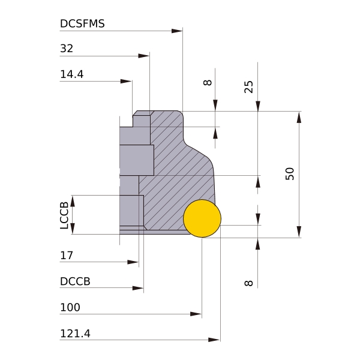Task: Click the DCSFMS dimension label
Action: (82, 23)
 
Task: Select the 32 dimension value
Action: (67, 49)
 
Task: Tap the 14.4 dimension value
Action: (71, 74)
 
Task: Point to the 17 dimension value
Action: (67, 256)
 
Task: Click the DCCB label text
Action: (75, 281)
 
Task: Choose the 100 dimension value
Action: (70, 307)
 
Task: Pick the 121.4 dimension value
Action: (75, 334)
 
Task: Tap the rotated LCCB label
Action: (64, 215)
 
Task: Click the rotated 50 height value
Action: (290, 174)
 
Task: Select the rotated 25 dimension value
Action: (248, 87)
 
